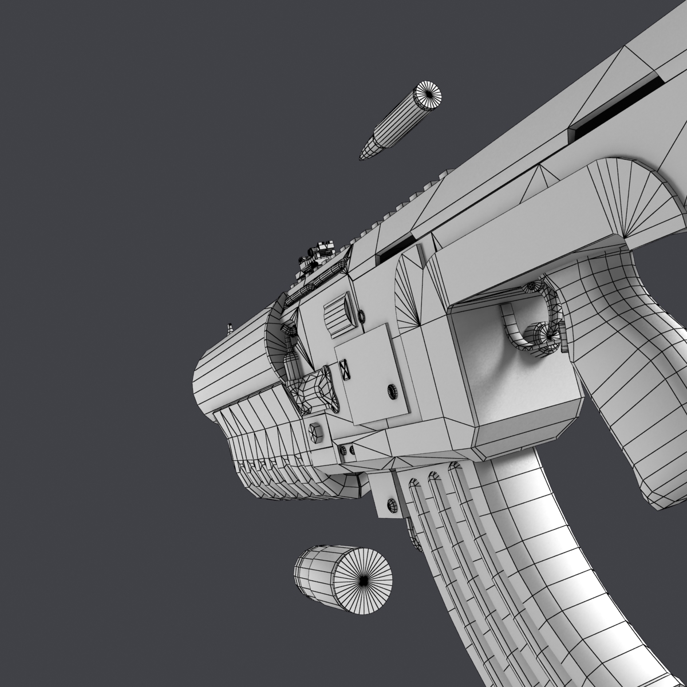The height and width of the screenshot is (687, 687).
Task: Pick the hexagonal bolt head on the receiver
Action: [x=317, y=433]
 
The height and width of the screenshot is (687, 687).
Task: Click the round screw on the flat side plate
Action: [x=393, y=392]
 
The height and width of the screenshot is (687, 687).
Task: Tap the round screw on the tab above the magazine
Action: [x=393, y=504]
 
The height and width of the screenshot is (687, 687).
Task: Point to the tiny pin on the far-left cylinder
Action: [x=230, y=328]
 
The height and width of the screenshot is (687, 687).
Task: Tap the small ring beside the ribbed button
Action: [x=361, y=315]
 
